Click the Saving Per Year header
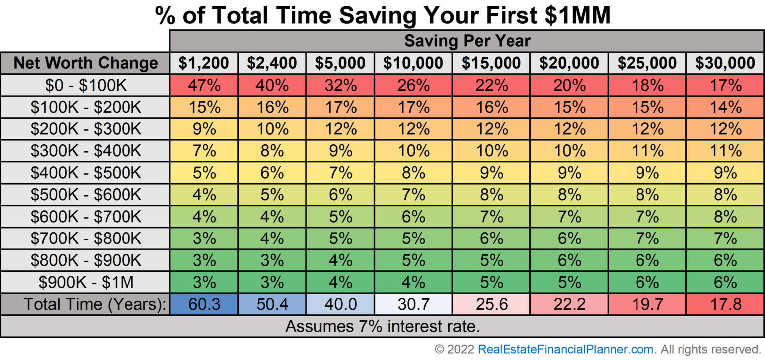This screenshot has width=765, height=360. click(467, 41)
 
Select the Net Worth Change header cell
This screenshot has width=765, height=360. click(86, 63)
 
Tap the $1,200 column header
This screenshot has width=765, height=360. click(204, 63)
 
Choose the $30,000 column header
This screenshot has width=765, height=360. click(725, 63)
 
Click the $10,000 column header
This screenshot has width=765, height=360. click(413, 63)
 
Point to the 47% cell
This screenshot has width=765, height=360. click(204, 85)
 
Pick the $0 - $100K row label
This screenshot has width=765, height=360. click(86, 85)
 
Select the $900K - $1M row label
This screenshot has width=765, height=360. click(86, 282)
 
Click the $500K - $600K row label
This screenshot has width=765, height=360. click(86, 195)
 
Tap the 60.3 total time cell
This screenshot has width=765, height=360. click(204, 304)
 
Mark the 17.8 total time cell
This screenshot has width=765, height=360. click(725, 304)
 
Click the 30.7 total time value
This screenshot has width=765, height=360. click(413, 304)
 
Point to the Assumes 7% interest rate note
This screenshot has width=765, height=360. click(382, 327)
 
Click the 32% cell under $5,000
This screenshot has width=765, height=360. click(340, 85)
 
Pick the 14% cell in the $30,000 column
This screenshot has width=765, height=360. click(725, 107)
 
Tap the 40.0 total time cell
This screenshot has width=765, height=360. click(340, 304)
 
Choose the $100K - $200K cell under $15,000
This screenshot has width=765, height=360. click(491, 107)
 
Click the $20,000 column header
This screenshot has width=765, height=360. click(569, 63)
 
